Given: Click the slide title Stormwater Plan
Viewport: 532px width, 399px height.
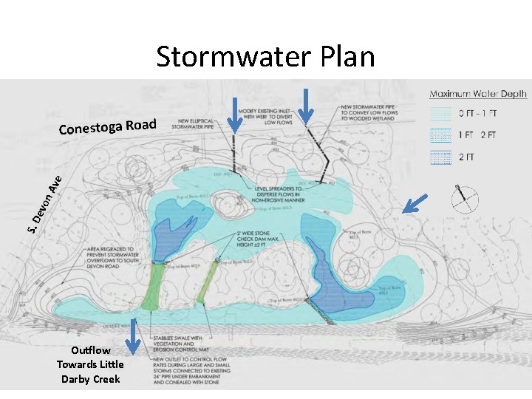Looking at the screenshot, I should tap(265, 56).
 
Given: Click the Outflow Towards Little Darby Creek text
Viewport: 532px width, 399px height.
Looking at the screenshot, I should tap(90, 364).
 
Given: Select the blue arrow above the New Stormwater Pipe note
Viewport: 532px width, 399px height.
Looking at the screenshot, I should tap(306, 103).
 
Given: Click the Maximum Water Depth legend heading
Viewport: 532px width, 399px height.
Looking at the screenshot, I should tap(478, 94).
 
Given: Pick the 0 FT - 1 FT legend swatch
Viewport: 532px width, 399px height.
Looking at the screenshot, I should tap(440, 115).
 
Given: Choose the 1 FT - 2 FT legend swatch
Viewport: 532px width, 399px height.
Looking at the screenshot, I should tap(440, 135).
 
